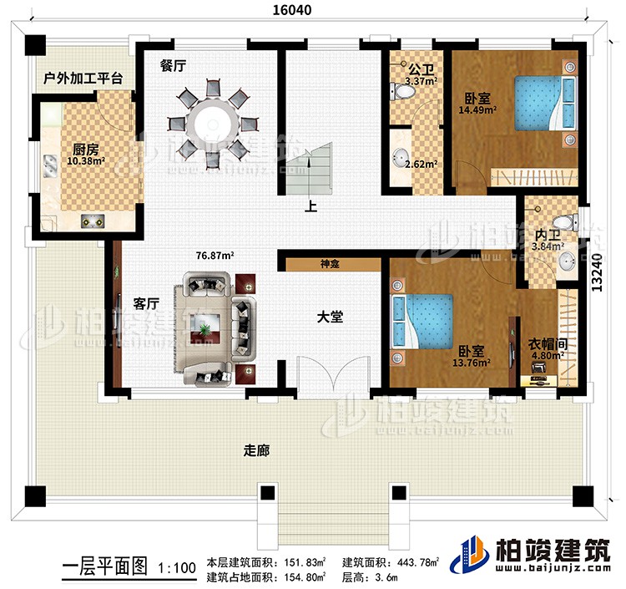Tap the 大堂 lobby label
coord(329,318)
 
